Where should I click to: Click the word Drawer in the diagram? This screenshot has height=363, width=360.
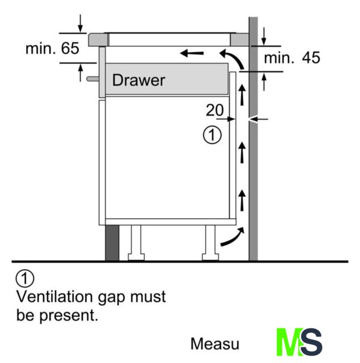click(x=139, y=80)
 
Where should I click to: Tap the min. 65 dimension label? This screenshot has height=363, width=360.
click(x=52, y=48)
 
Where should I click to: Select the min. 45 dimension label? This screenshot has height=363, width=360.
click(x=292, y=57)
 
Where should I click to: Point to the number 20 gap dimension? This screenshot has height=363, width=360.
click(x=215, y=111)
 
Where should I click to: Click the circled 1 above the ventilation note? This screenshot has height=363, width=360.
click(x=26, y=278)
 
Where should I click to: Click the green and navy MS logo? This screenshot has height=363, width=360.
click(x=299, y=342)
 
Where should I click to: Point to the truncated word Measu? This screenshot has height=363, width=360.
click(x=215, y=344)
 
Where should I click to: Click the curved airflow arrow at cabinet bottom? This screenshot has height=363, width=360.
click(x=233, y=238)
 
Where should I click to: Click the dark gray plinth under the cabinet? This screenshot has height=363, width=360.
click(x=112, y=242)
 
